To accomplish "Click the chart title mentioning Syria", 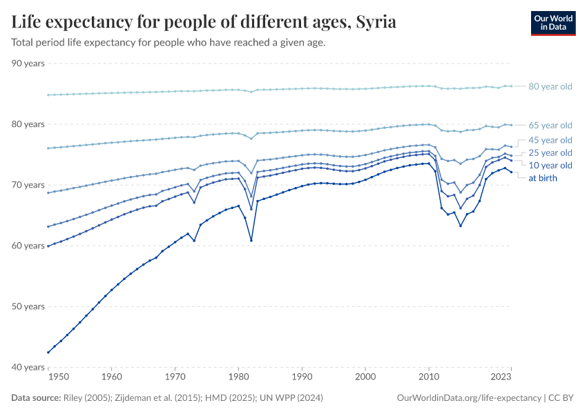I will click(x=204, y=22).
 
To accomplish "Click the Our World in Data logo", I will click(x=552, y=23).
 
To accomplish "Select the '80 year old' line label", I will click(x=550, y=86).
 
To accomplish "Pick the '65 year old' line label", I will click(x=550, y=125).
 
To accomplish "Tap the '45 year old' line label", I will click(x=550, y=140).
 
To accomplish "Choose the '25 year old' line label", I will click(x=550, y=152).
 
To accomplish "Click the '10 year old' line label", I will click(x=550, y=166).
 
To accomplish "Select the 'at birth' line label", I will click(x=542, y=178).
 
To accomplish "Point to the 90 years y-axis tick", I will click(x=28, y=63).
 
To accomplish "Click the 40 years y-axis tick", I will click(x=28, y=367).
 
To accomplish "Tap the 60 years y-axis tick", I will click(x=28, y=246).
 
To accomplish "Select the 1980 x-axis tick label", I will click(x=238, y=377).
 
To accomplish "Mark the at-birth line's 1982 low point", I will click(x=251, y=240).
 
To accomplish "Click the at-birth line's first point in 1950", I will click(x=48, y=352).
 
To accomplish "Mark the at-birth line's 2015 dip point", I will click(x=461, y=226).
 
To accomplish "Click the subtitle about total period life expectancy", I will click(x=169, y=42).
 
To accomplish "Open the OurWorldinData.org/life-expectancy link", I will click(x=470, y=398).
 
